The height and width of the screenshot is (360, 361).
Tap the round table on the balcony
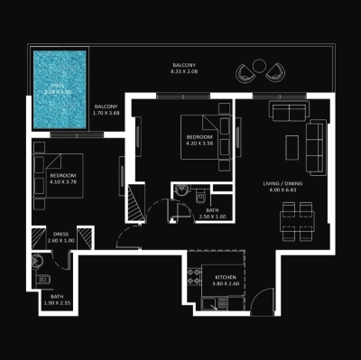(260, 66)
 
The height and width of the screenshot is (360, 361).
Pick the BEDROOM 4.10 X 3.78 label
(63, 179)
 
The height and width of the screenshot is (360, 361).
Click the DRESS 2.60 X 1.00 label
(61, 237)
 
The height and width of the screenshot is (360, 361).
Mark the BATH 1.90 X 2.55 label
(57, 300)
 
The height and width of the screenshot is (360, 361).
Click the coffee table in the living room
(291, 145)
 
